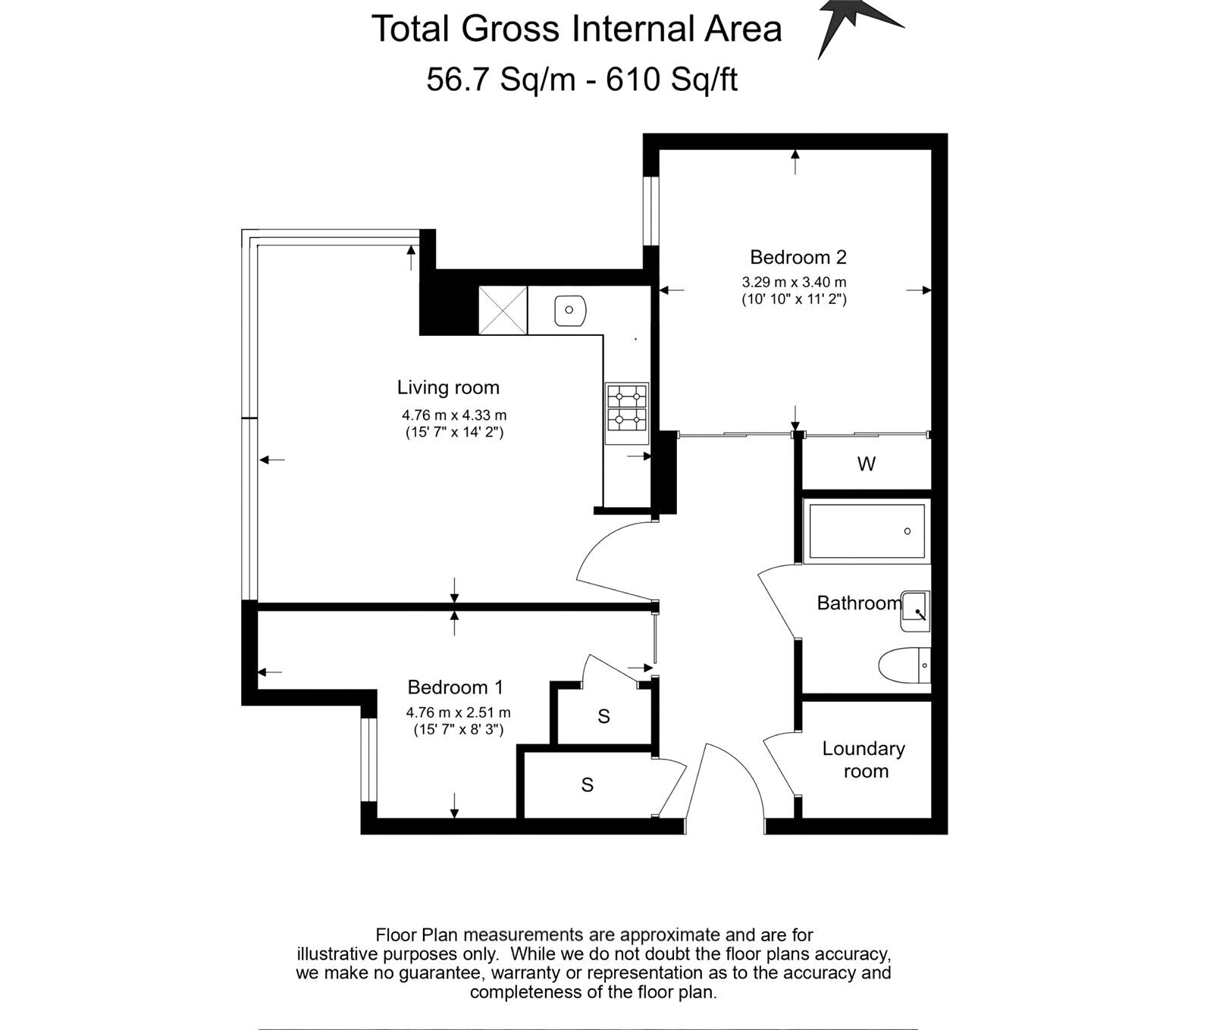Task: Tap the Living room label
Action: (x=448, y=388)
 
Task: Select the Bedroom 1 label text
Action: (x=455, y=687)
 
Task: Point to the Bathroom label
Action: (x=859, y=603)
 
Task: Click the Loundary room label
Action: (x=864, y=760)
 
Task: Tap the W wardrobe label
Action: (x=867, y=464)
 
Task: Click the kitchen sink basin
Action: (x=569, y=310)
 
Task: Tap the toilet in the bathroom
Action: (x=904, y=665)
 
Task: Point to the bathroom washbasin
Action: (x=915, y=611)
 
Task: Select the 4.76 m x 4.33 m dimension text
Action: (x=454, y=415)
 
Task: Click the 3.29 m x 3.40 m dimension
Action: (x=794, y=283)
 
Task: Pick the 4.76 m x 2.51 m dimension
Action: (x=458, y=713)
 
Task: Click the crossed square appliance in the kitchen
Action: (x=503, y=310)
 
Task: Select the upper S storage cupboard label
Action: (x=603, y=716)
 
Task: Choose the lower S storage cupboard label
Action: (x=587, y=785)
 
